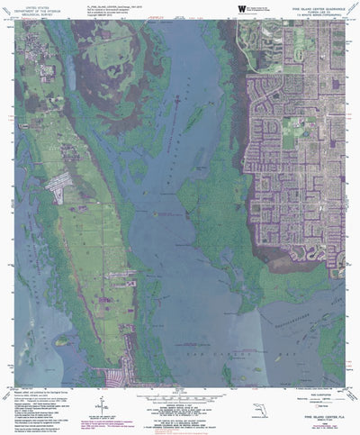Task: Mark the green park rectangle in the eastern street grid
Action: pyautogui.click(x=290, y=139)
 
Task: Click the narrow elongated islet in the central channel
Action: pyautogui.click(x=188, y=117)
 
